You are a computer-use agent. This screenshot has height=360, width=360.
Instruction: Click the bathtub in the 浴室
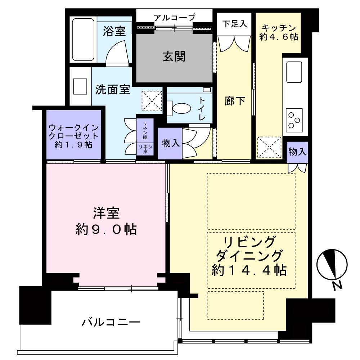point(83,40)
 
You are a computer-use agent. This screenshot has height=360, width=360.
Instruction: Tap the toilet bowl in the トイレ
point(181,108)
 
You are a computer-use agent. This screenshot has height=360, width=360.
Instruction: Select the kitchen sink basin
point(294,72)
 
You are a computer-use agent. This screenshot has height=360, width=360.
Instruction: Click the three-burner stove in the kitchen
point(294,120)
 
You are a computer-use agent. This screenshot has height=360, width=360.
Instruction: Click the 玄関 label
point(174,57)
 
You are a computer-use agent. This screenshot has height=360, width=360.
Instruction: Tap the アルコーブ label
point(175,17)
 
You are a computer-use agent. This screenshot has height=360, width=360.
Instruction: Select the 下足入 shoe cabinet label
point(234,24)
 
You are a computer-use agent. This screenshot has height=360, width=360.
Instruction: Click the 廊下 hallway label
point(234,101)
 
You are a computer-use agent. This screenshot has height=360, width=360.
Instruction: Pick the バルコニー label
point(111,322)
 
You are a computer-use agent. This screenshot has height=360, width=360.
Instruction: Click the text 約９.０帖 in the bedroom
point(106,229)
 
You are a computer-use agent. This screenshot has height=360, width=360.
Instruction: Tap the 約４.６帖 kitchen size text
point(279,37)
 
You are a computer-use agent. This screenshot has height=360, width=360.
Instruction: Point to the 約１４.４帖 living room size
point(249,270)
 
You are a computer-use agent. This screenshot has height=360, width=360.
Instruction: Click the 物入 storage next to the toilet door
point(171,143)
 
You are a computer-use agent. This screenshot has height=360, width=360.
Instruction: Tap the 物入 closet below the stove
point(297,152)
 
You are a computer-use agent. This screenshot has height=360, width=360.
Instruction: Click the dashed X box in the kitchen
point(269,147)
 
